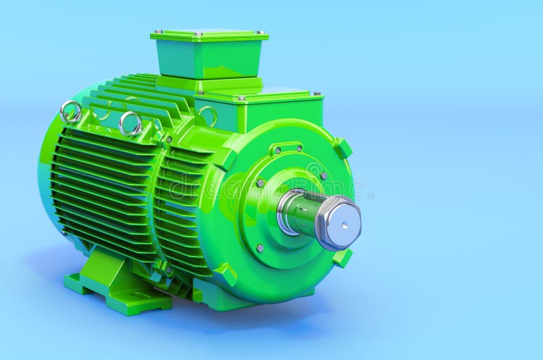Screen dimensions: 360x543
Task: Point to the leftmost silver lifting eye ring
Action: [x=71, y=111]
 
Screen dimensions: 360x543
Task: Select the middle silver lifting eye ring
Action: [x=130, y=124]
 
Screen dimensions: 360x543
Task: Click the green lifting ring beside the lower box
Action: [x=207, y=116]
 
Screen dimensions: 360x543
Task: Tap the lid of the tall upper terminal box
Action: [x=209, y=33]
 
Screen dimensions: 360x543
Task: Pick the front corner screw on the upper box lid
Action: [x=198, y=34]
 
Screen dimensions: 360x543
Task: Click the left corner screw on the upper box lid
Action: [x=156, y=31]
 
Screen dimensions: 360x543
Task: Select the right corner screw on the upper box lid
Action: [x=261, y=33]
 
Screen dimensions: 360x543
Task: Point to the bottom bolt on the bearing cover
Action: [x=260, y=248]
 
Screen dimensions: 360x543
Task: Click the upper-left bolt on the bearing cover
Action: [x=260, y=183]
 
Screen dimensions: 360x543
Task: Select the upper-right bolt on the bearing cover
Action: [x=324, y=175]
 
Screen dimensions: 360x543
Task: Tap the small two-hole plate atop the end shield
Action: [x=288, y=147]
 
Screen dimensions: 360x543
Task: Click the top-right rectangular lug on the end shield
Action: [x=343, y=148]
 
